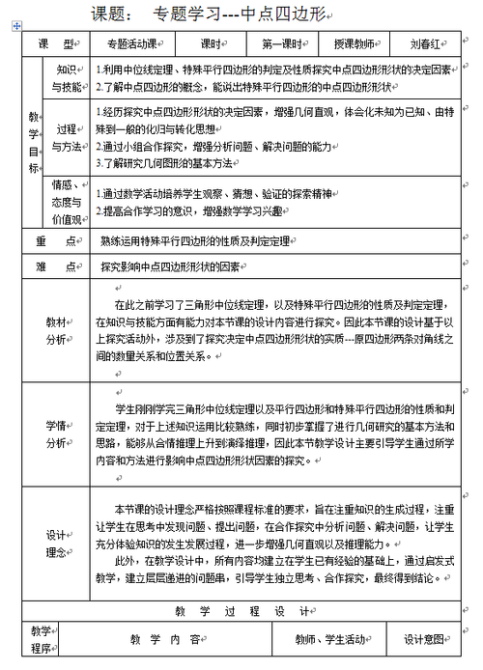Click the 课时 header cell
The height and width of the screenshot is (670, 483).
pyautogui.click(x=213, y=44)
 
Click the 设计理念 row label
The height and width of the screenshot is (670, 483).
pyautogui.click(x=56, y=543)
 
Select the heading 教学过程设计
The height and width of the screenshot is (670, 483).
pyautogui.click(x=241, y=612)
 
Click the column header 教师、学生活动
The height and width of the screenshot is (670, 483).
pyautogui.click(x=330, y=639)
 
